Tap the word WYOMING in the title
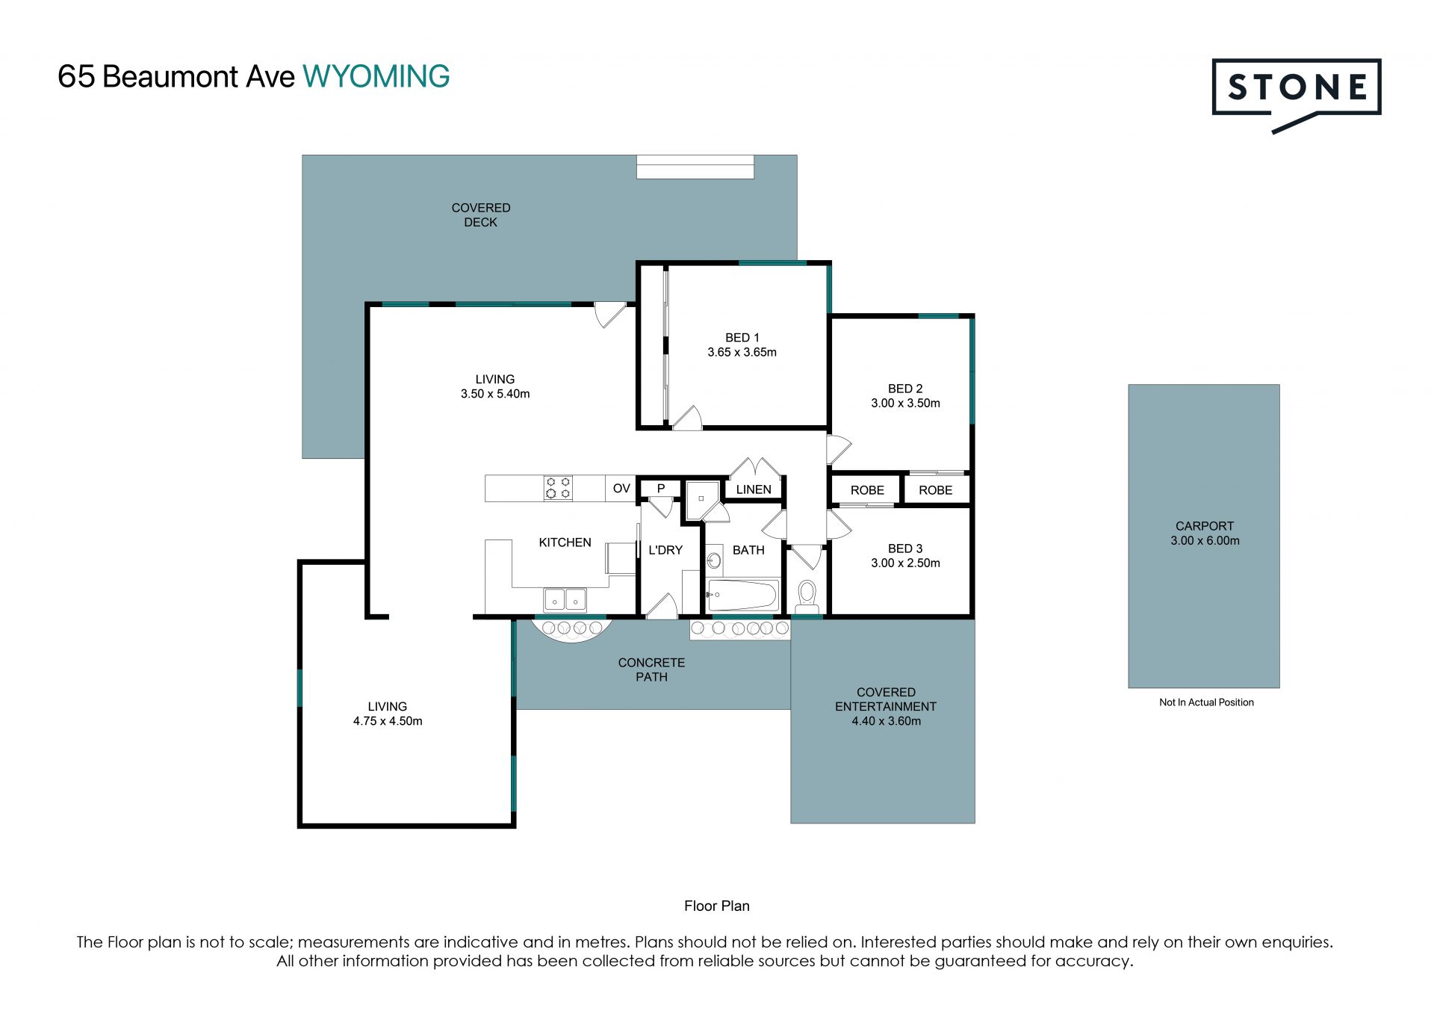[x=376, y=77]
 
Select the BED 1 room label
[x=742, y=338]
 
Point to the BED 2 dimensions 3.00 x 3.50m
[x=905, y=404]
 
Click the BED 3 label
[x=905, y=549]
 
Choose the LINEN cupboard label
[x=754, y=490]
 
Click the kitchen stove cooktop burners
[x=558, y=488]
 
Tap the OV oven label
[x=621, y=489]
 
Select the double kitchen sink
[x=565, y=599]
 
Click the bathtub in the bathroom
[x=742, y=596]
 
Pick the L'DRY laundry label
[x=665, y=551]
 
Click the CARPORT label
[x=1205, y=526]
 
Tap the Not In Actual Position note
[x=1206, y=702]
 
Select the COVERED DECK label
[x=481, y=215]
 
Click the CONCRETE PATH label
[x=651, y=670]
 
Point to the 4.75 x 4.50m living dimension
[x=388, y=722]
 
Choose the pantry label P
[x=661, y=489]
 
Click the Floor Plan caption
[x=717, y=906]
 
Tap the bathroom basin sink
[x=714, y=560]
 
